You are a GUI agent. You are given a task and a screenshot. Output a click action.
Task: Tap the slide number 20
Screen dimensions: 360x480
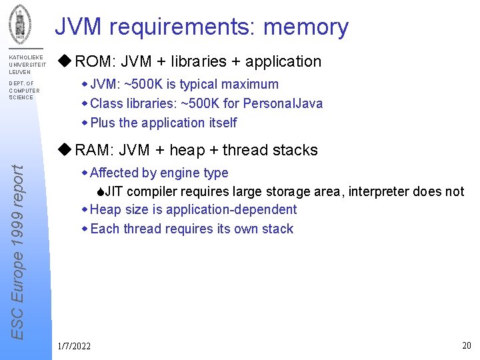click(467, 345)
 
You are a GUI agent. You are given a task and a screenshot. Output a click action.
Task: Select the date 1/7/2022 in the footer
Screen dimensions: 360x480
click(75, 346)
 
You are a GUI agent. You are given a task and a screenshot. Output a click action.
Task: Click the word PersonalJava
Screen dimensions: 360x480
click(283, 103)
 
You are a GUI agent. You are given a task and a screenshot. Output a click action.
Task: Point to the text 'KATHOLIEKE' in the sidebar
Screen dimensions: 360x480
click(25, 58)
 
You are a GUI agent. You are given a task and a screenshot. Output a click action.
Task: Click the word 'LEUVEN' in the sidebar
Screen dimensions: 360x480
click(19, 71)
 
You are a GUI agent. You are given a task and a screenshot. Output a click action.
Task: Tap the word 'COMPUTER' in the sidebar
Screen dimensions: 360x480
click(24, 91)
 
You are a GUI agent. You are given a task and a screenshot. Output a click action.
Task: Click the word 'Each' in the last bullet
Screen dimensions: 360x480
click(103, 229)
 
